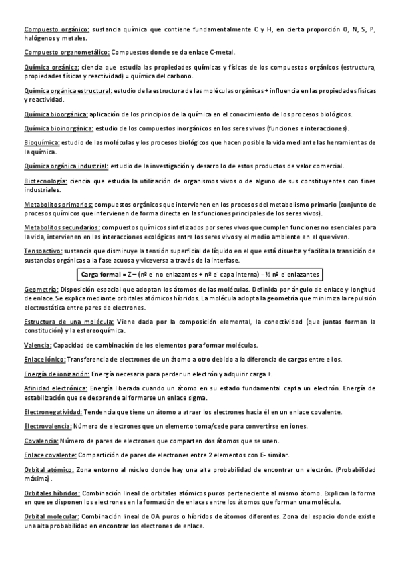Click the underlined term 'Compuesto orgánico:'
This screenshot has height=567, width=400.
tap(57, 29)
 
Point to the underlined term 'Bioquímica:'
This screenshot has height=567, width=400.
tap(42, 142)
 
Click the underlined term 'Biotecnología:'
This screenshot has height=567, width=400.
tap(45, 181)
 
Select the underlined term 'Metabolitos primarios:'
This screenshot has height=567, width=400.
tap(59, 204)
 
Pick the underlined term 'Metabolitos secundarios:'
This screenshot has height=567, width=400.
tap(63, 227)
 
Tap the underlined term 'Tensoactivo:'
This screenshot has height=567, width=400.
tap(44, 250)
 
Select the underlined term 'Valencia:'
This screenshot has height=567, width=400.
tap(37, 345)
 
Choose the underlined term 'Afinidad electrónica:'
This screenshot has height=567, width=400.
tap(55, 388)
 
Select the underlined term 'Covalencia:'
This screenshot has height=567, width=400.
tap(41, 441)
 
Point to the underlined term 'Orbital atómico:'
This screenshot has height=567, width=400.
tap(49, 470)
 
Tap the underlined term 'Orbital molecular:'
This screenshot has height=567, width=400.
tap(52, 516)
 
